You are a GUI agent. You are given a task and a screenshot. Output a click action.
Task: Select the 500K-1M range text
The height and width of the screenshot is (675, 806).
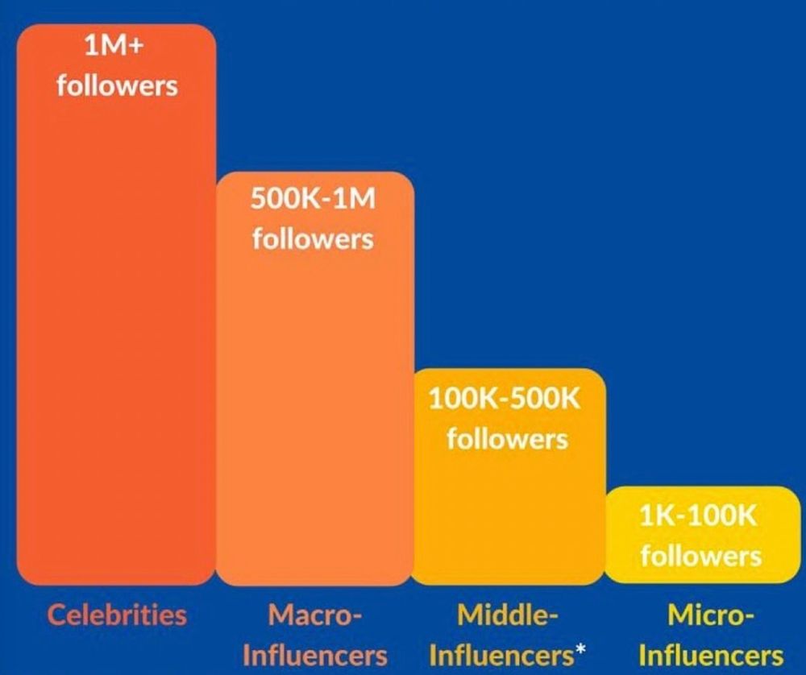[x=313, y=199]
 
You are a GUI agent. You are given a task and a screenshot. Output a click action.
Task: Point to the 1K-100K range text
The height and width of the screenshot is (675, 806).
[x=699, y=516]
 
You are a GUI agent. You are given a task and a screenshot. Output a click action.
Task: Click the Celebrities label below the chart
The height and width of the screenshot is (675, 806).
[x=117, y=615]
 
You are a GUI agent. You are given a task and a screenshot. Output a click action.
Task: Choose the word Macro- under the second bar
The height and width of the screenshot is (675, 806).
[x=314, y=616]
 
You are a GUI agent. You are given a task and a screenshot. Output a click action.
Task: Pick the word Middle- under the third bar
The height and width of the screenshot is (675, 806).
[x=508, y=616]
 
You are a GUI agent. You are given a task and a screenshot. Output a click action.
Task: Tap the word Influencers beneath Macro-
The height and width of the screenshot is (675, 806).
[x=314, y=655]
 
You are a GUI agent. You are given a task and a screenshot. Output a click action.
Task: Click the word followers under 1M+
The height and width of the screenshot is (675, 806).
[x=117, y=85]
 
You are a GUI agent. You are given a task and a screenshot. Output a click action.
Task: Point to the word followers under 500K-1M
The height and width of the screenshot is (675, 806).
[x=313, y=238]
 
